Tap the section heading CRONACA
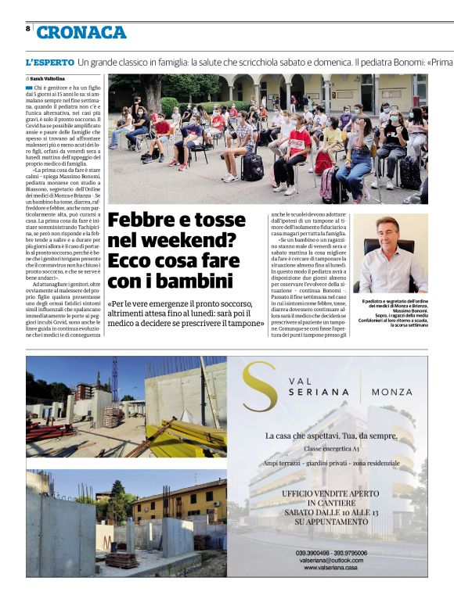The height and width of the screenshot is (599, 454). (81, 32)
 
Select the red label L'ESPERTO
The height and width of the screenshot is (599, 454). (49, 61)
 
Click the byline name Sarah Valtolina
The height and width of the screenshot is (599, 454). (49, 79)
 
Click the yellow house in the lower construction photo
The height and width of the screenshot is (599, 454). (189, 500)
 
